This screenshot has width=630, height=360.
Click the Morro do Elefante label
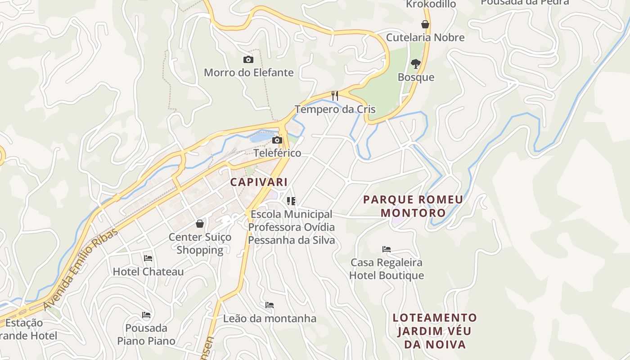pos(248,72)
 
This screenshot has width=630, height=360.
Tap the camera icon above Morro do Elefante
pos(248,59)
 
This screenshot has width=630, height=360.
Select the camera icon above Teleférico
pos(277,140)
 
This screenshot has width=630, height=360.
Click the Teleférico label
pos(277,153)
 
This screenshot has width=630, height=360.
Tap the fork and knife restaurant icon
pos(335,95)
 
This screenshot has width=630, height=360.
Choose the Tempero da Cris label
pos(335,109)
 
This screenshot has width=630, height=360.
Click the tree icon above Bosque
pos(416,64)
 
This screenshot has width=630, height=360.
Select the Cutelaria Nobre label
pos(425,37)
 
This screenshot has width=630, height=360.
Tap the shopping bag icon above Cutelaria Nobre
pos(425,24)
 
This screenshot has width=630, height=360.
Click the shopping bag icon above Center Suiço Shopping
pos(200,224)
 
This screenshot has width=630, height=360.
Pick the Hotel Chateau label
pos(148,272)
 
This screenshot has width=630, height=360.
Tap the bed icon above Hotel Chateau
pos(148,258)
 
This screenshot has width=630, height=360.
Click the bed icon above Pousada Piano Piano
pos(146,315)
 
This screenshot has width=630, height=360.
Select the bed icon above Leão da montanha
pos(270,305)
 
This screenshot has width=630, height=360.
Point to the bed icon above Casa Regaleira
pos(387,249)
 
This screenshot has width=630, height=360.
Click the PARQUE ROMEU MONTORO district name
pos(413,206)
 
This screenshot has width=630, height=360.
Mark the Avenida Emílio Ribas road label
pos(81,269)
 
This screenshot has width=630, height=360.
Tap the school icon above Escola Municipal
pos(291,201)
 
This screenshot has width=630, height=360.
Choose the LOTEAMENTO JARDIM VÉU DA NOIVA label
pos(435,331)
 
